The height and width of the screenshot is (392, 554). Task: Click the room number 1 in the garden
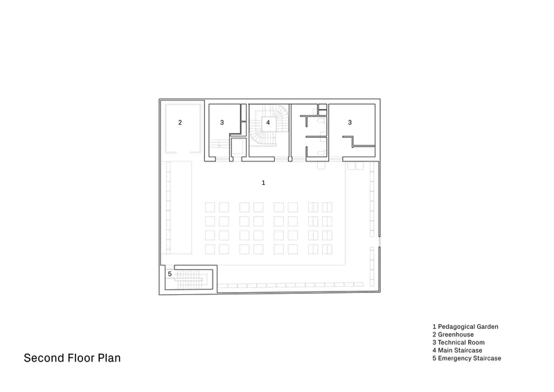click(263, 183)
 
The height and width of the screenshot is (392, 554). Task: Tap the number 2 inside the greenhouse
click(180, 123)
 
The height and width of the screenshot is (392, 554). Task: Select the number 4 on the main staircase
click(268, 123)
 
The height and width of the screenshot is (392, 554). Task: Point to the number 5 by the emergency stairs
click(170, 274)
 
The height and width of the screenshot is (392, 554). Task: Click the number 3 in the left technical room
click(222, 123)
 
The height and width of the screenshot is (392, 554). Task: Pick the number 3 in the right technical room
click(350, 123)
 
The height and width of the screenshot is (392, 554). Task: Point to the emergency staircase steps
click(189, 279)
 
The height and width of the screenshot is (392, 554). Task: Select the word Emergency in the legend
click(455, 359)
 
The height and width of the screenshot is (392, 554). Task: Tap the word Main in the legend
click(445, 350)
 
